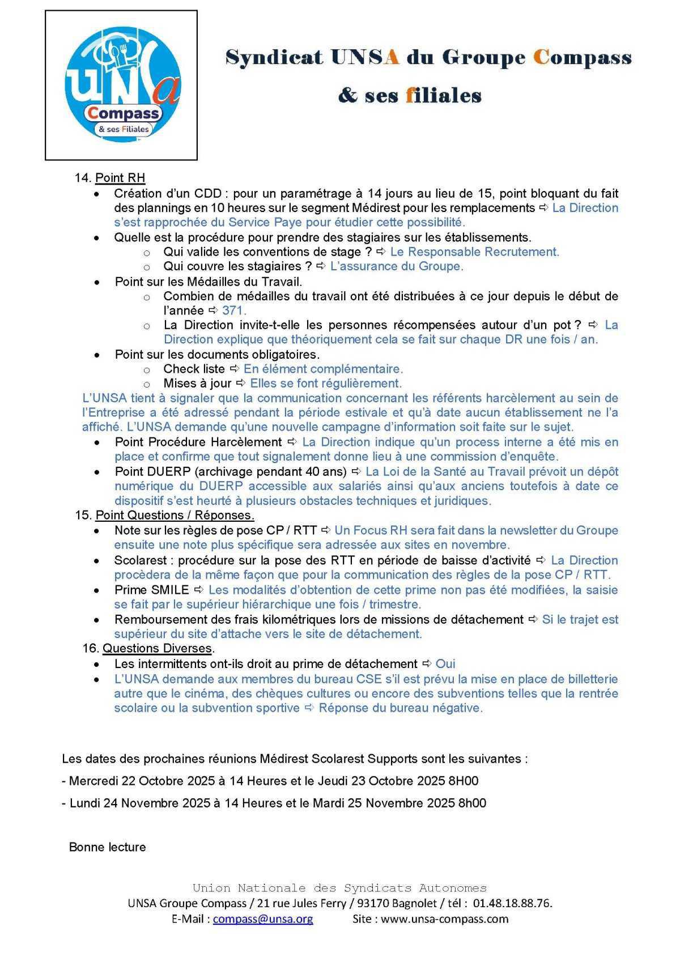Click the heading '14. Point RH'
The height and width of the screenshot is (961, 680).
click(x=110, y=178)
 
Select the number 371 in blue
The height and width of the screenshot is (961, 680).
click(x=234, y=311)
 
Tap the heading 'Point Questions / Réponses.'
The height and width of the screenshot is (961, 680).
click(x=175, y=515)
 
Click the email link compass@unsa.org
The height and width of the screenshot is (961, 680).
click(x=263, y=919)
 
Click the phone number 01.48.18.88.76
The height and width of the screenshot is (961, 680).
click(x=512, y=903)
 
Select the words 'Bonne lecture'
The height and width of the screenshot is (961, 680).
click(x=108, y=847)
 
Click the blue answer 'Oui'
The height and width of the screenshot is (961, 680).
click(x=445, y=664)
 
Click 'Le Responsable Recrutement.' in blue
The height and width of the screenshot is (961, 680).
click(x=474, y=252)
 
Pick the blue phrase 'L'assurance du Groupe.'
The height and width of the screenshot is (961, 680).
click(x=397, y=266)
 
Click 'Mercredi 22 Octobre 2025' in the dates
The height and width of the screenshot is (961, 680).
click(x=141, y=781)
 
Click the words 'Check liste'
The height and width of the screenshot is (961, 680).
click(x=194, y=369)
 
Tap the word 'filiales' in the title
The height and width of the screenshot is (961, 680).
click(x=444, y=95)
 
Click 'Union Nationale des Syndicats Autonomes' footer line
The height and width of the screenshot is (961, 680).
click(x=339, y=888)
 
